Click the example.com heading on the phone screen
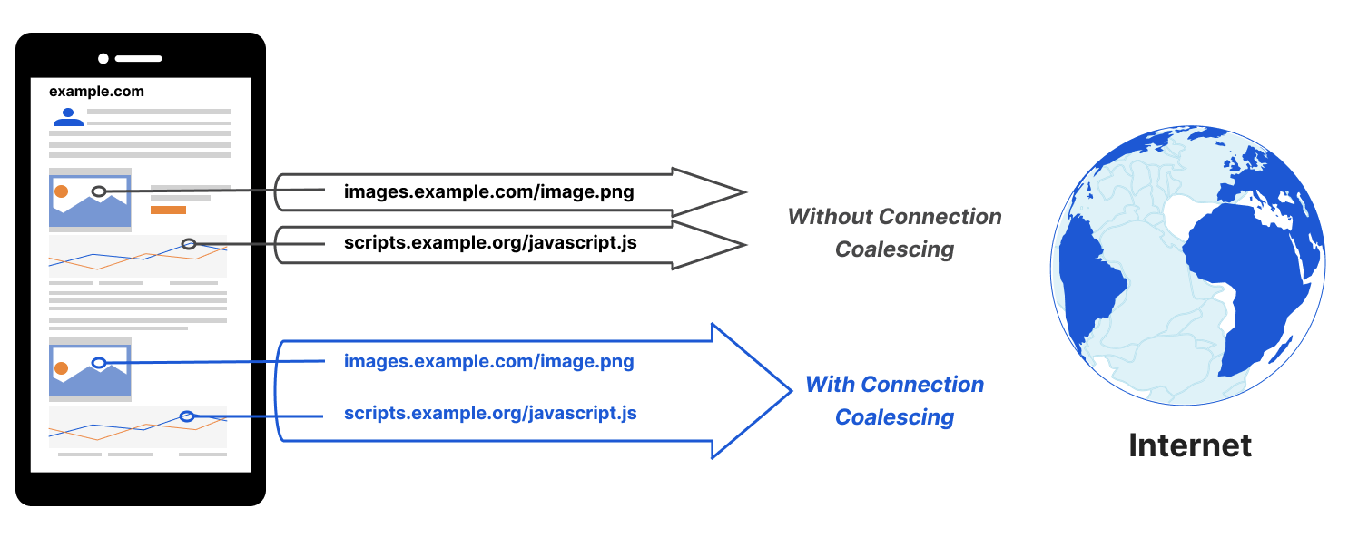tap(96, 92)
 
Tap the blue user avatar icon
tap(68, 117)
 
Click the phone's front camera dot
tap(103, 59)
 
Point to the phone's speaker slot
tap(138, 59)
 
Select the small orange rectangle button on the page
tap(168, 210)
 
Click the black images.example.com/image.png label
tap(488, 192)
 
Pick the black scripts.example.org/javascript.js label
tap(490, 243)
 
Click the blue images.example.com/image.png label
tap(488, 362)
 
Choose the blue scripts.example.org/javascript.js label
tap(490, 413)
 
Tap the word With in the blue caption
tap(830, 384)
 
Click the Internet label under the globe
tap(1189, 445)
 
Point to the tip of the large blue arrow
tap(792, 391)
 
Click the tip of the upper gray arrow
tap(745, 192)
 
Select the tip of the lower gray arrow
tap(745, 245)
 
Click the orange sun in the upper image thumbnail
tap(61, 191)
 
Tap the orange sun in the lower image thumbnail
tap(61, 367)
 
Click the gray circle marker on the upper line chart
tap(189, 244)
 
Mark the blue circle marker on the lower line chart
tap(187, 416)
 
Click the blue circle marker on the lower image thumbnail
tap(99, 363)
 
